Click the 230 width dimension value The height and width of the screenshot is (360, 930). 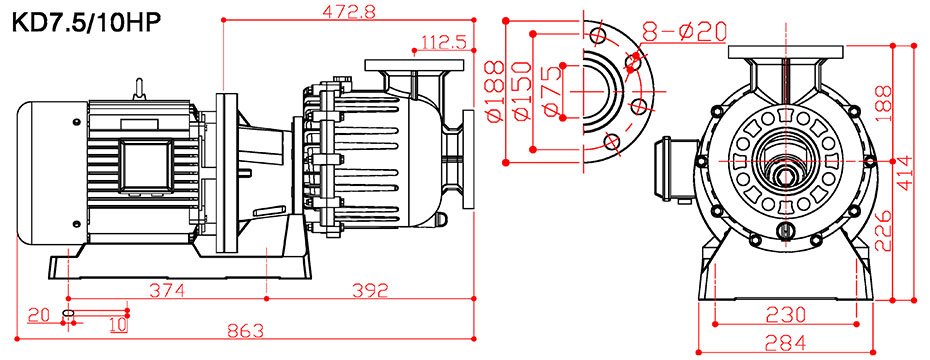pos(784,314)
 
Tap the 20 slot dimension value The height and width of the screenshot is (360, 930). pos(39,315)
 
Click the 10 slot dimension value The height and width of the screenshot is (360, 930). pos(117,324)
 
